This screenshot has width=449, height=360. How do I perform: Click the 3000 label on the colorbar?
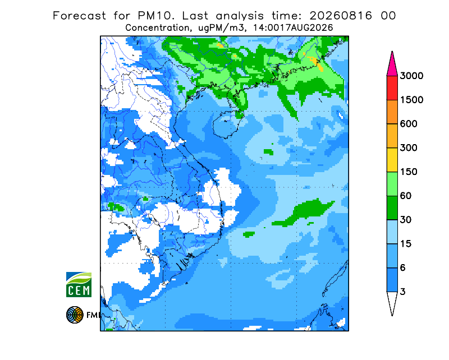(x=411, y=76)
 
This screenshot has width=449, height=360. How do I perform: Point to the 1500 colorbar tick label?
(x=411, y=100)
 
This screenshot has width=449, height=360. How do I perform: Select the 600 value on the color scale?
(x=409, y=124)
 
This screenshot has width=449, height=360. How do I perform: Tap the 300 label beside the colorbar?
(x=409, y=148)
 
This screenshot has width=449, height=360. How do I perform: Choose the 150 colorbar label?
(x=409, y=172)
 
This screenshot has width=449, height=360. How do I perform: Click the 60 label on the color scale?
(x=405, y=196)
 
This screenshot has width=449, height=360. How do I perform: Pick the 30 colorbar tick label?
(x=405, y=220)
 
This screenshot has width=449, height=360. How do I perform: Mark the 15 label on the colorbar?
(x=405, y=244)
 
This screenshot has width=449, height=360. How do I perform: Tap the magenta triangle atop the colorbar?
(x=392, y=66)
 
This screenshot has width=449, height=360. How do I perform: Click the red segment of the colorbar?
(x=392, y=88)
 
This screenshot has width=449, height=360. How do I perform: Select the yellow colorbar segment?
(x=392, y=160)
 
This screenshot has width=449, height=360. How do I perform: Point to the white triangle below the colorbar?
(x=392, y=301)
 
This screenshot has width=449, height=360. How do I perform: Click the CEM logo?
(x=79, y=285)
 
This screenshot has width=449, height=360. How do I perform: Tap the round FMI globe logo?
(x=75, y=315)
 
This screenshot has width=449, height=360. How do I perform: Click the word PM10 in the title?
(x=156, y=16)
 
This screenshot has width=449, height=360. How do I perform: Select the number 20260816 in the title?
(x=341, y=16)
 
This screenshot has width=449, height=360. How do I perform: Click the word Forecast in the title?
(x=79, y=16)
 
